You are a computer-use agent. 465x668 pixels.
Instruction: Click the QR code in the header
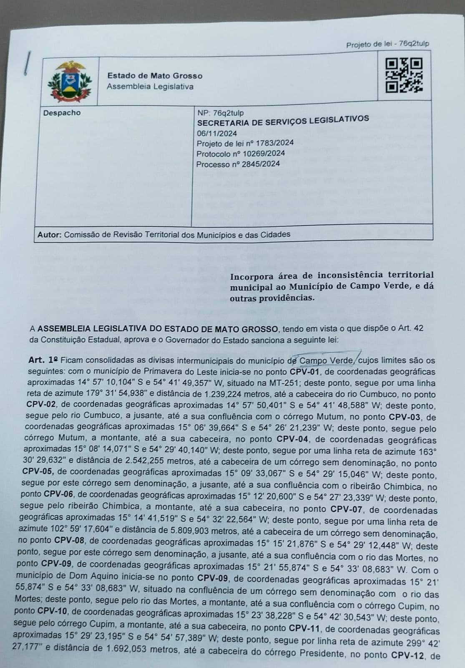(404, 75)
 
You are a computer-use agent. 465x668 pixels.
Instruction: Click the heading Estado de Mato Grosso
(155, 76)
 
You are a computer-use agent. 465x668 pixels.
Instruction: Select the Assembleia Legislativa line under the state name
(150, 87)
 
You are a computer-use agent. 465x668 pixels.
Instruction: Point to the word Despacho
(62, 113)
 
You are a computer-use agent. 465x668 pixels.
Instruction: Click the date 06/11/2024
(217, 133)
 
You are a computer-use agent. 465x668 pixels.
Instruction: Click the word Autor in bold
(49, 235)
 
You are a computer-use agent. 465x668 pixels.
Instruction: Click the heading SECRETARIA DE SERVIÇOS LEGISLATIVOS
(283, 121)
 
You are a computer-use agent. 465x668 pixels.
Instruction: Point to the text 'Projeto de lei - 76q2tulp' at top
(387, 44)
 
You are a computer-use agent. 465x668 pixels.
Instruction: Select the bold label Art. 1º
(43, 359)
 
